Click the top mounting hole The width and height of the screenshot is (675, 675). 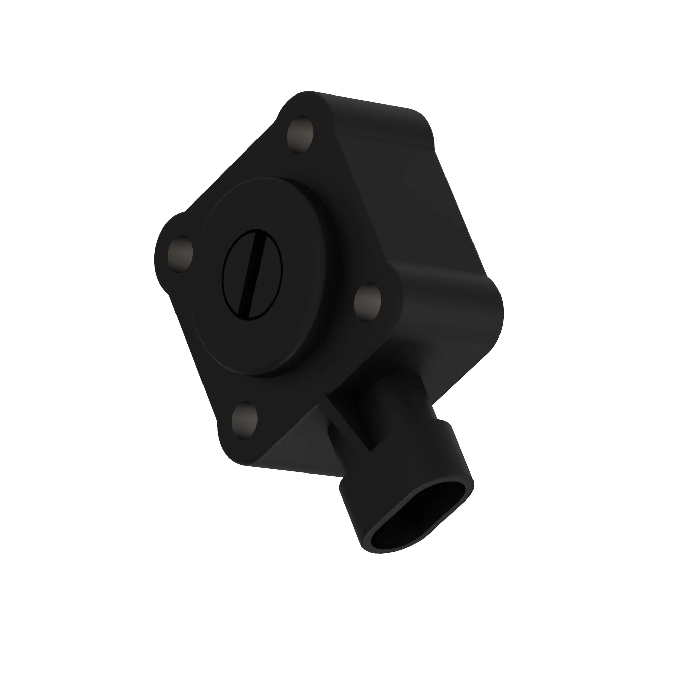point(300,135)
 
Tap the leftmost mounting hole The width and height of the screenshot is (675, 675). point(180,254)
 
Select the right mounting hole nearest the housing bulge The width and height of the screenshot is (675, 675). point(368,303)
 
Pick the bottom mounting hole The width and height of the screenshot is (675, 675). point(244,421)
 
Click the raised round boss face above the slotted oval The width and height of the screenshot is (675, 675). point(262,206)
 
